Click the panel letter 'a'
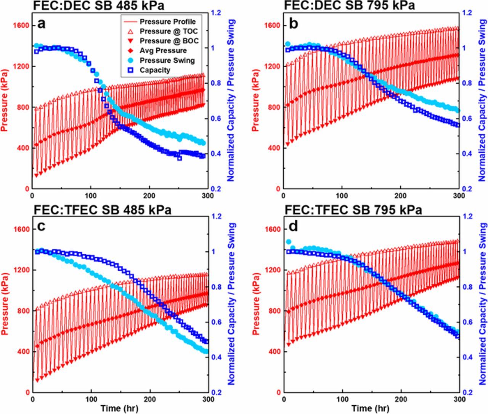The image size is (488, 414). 42,24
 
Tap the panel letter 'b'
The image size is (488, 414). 293,24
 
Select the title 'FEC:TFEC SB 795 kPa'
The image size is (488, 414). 353,210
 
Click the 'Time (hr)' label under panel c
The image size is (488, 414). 119,408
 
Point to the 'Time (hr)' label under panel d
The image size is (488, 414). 371,408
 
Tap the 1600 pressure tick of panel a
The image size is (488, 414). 22,26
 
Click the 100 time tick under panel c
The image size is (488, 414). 91,399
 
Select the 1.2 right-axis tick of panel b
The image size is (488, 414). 467,13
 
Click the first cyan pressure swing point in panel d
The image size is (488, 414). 289,242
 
